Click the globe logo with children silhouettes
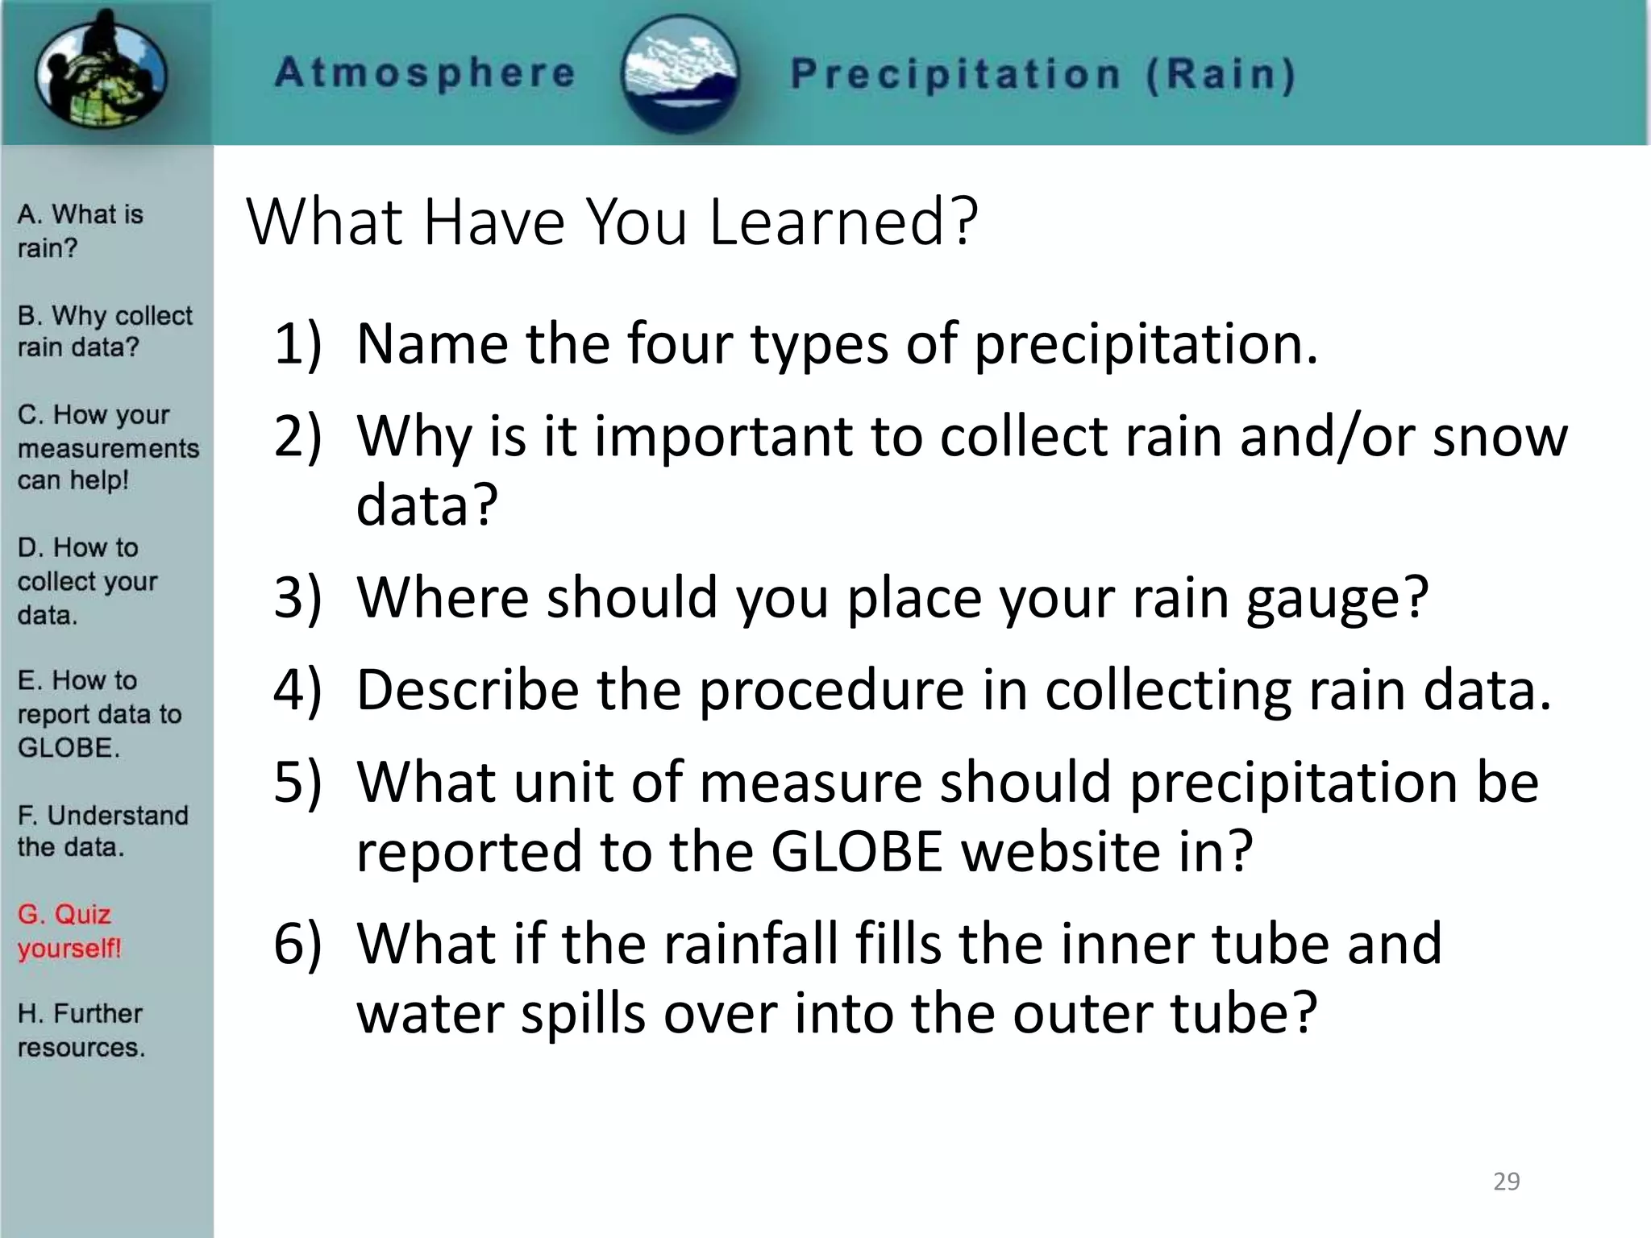pos(102,71)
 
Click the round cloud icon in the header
pos(682,73)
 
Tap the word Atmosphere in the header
pos(425,73)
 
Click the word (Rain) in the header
pos(1221,74)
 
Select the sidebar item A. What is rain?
pos(80,231)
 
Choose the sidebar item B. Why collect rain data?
pos(104,330)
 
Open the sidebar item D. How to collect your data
pos(86,580)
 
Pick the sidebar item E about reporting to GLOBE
pos(98,713)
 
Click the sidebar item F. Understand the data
pos(102,830)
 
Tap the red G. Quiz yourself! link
pos(69,930)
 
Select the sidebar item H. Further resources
pos(81,1029)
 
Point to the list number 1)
pos(297,344)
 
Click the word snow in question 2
pos(1499,437)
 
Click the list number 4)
pos(297,691)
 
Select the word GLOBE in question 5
pos(856,851)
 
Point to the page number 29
pos(1506,1181)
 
